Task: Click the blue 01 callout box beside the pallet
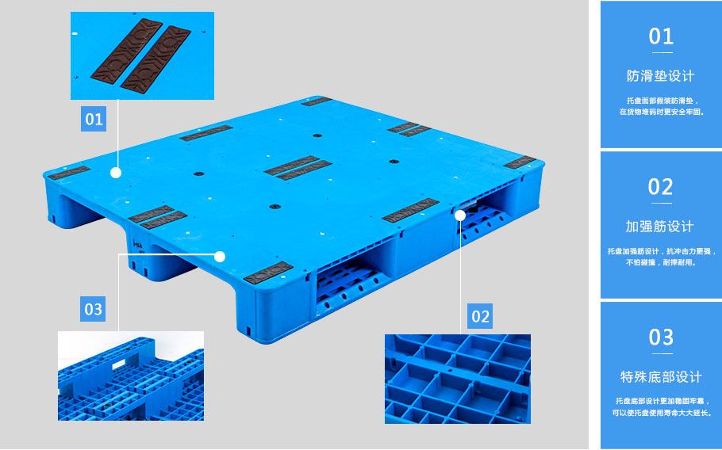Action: (94, 119)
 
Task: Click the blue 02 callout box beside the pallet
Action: (480, 316)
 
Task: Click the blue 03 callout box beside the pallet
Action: (93, 309)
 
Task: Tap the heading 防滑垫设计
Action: (660, 76)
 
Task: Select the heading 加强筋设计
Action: (660, 226)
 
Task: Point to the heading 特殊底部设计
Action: (661, 377)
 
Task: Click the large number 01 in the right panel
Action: (661, 36)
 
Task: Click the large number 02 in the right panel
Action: (661, 187)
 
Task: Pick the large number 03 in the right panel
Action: (661, 337)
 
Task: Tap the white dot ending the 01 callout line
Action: (116, 173)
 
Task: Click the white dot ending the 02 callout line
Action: (460, 215)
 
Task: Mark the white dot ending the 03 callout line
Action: (220, 257)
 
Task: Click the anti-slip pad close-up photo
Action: (142, 55)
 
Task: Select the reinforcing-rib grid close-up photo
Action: (458, 379)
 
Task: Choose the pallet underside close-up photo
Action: (131, 376)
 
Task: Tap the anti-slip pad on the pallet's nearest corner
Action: (268, 273)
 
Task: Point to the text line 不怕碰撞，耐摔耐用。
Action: (661, 263)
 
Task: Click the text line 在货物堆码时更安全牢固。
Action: (662, 112)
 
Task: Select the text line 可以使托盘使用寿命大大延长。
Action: (662, 413)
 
